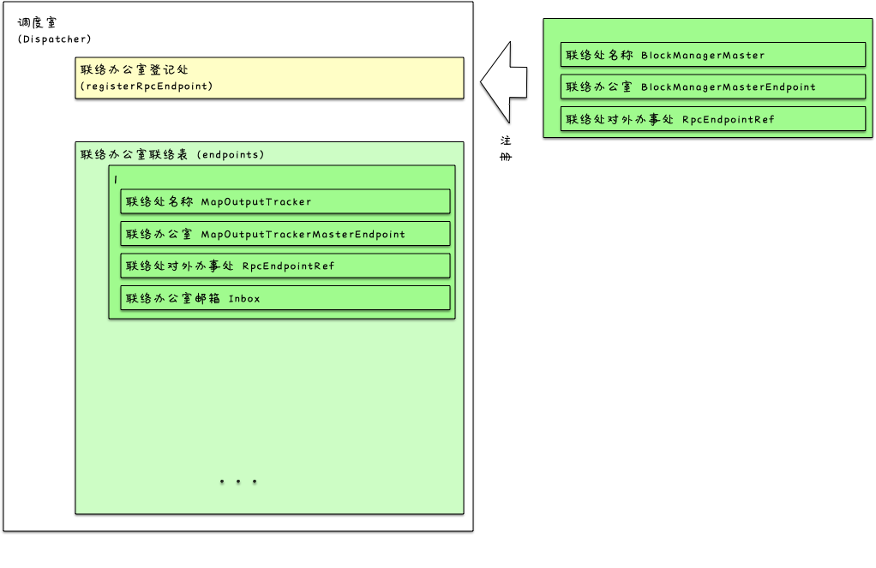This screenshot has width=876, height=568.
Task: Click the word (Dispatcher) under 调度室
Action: [54, 39]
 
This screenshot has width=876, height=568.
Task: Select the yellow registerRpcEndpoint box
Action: [269, 78]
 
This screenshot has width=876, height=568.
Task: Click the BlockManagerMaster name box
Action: [712, 55]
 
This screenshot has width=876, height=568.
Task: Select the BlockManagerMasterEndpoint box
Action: [712, 87]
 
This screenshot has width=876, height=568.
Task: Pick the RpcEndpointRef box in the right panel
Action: [712, 119]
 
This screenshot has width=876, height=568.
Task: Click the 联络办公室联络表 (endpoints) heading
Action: [172, 155]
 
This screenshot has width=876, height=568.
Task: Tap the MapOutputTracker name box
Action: [285, 201]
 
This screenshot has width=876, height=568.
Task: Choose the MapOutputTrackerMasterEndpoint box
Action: [285, 234]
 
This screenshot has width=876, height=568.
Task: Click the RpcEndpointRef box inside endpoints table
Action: [285, 266]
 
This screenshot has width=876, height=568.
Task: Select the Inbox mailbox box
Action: [285, 298]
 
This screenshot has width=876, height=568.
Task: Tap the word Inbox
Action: [244, 299]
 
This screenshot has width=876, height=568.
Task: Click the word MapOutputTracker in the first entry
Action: [256, 202]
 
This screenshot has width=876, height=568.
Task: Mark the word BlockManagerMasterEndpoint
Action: [729, 87]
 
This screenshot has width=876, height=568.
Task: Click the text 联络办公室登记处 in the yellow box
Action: [135, 70]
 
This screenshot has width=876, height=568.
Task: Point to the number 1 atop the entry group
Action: [116, 179]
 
